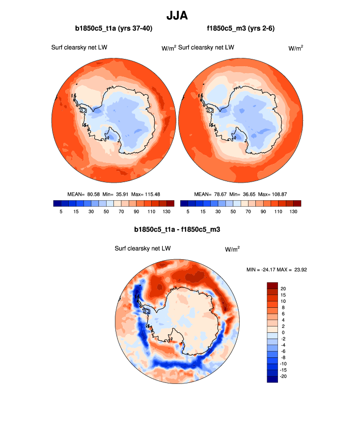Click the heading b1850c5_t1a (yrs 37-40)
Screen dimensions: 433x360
click(113, 29)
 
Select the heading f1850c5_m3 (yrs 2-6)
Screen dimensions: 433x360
click(241, 29)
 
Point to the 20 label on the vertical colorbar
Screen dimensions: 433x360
click(283, 288)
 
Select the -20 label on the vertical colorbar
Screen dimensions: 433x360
click(284, 376)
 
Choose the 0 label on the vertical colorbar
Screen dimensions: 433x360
click(282, 332)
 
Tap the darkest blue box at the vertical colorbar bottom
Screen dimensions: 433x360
click(273, 379)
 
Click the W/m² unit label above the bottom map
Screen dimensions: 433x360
click(232, 249)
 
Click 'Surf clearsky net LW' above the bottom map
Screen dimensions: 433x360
click(142, 249)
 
